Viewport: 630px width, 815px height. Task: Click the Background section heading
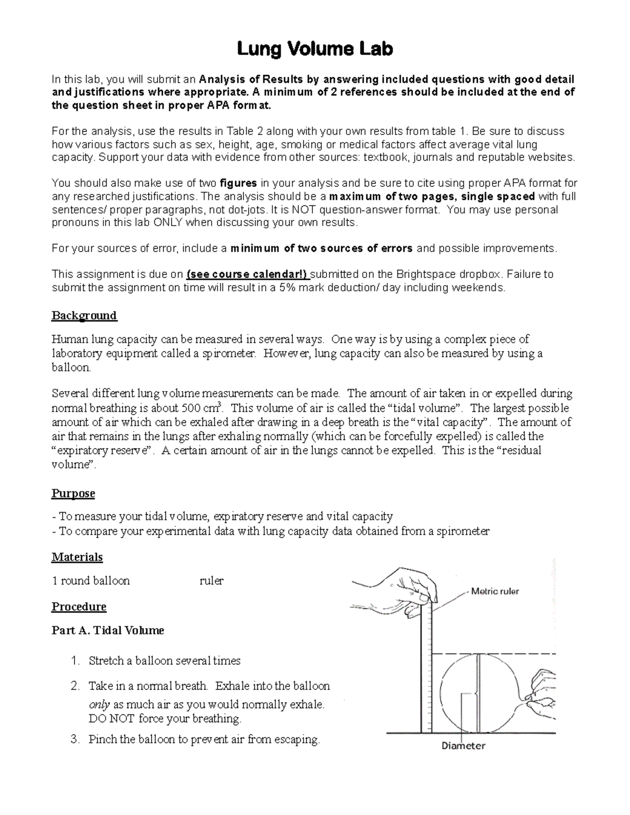tap(84, 315)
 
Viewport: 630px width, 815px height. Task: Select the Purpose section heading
tap(73, 493)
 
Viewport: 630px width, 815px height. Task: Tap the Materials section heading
tap(77, 557)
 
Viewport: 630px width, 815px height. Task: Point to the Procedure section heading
tap(79, 607)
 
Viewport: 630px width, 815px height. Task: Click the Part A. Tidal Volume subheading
tap(108, 630)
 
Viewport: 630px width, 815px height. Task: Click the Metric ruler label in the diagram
tap(495, 591)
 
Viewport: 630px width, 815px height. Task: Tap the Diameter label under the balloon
tap(463, 746)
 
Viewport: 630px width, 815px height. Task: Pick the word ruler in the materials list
tap(212, 581)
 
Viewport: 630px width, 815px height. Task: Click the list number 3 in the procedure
tap(74, 740)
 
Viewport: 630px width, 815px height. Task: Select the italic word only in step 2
tap(99, 704)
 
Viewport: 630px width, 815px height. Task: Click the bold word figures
tap(238, 183)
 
